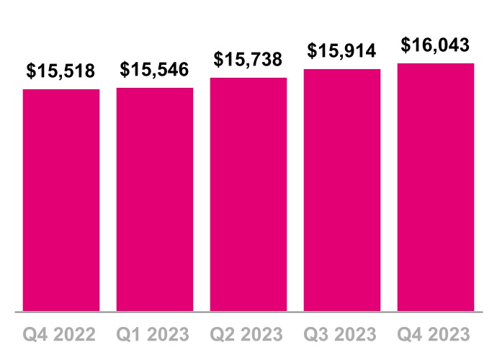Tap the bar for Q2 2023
248,194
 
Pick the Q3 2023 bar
342,190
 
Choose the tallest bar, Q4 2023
436,187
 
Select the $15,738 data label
248,59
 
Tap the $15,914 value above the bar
342,50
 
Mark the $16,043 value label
436,45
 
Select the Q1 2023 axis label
155,335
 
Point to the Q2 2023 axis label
248,335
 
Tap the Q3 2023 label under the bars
342,335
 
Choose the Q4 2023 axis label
436,335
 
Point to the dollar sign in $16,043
406,45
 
